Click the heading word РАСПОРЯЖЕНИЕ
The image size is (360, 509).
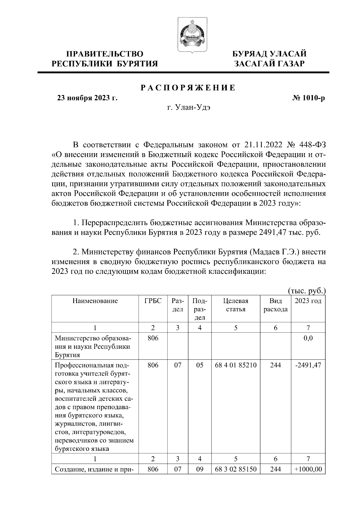[x=188, y=88]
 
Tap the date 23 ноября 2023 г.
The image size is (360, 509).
[x=87, y=98]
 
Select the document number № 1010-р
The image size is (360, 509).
[x=309, y=98]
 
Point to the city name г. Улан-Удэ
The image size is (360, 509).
[x=188, y=108]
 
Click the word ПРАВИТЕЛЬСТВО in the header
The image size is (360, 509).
[x=105, y=54]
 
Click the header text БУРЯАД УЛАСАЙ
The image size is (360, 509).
[x=270, y=54]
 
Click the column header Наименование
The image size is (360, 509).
[x=95, y=301]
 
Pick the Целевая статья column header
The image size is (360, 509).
[x=236, y=305]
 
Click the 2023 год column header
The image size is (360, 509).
[x=308, y=301]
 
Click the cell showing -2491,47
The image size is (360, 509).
[x=308, y=365]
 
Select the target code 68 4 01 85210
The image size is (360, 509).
[x=236, y=365]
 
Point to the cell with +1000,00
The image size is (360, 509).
[x=308, y=469]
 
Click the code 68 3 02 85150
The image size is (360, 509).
[x=236, y=469]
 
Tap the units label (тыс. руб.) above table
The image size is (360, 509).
[x=307, y=290]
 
